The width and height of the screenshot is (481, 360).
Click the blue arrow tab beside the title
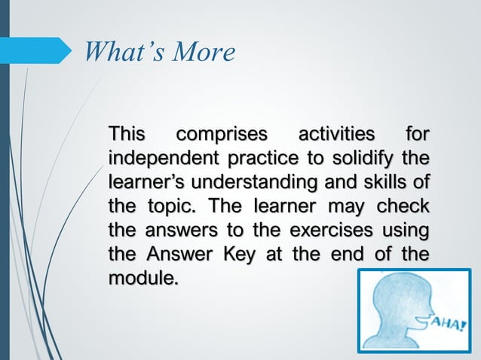pyautogui.click(x=41, y=50)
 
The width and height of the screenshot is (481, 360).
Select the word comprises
pyautogui.click(x=222, y=136)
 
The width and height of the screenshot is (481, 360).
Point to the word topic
pyautogui.click(x=174, y=206)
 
